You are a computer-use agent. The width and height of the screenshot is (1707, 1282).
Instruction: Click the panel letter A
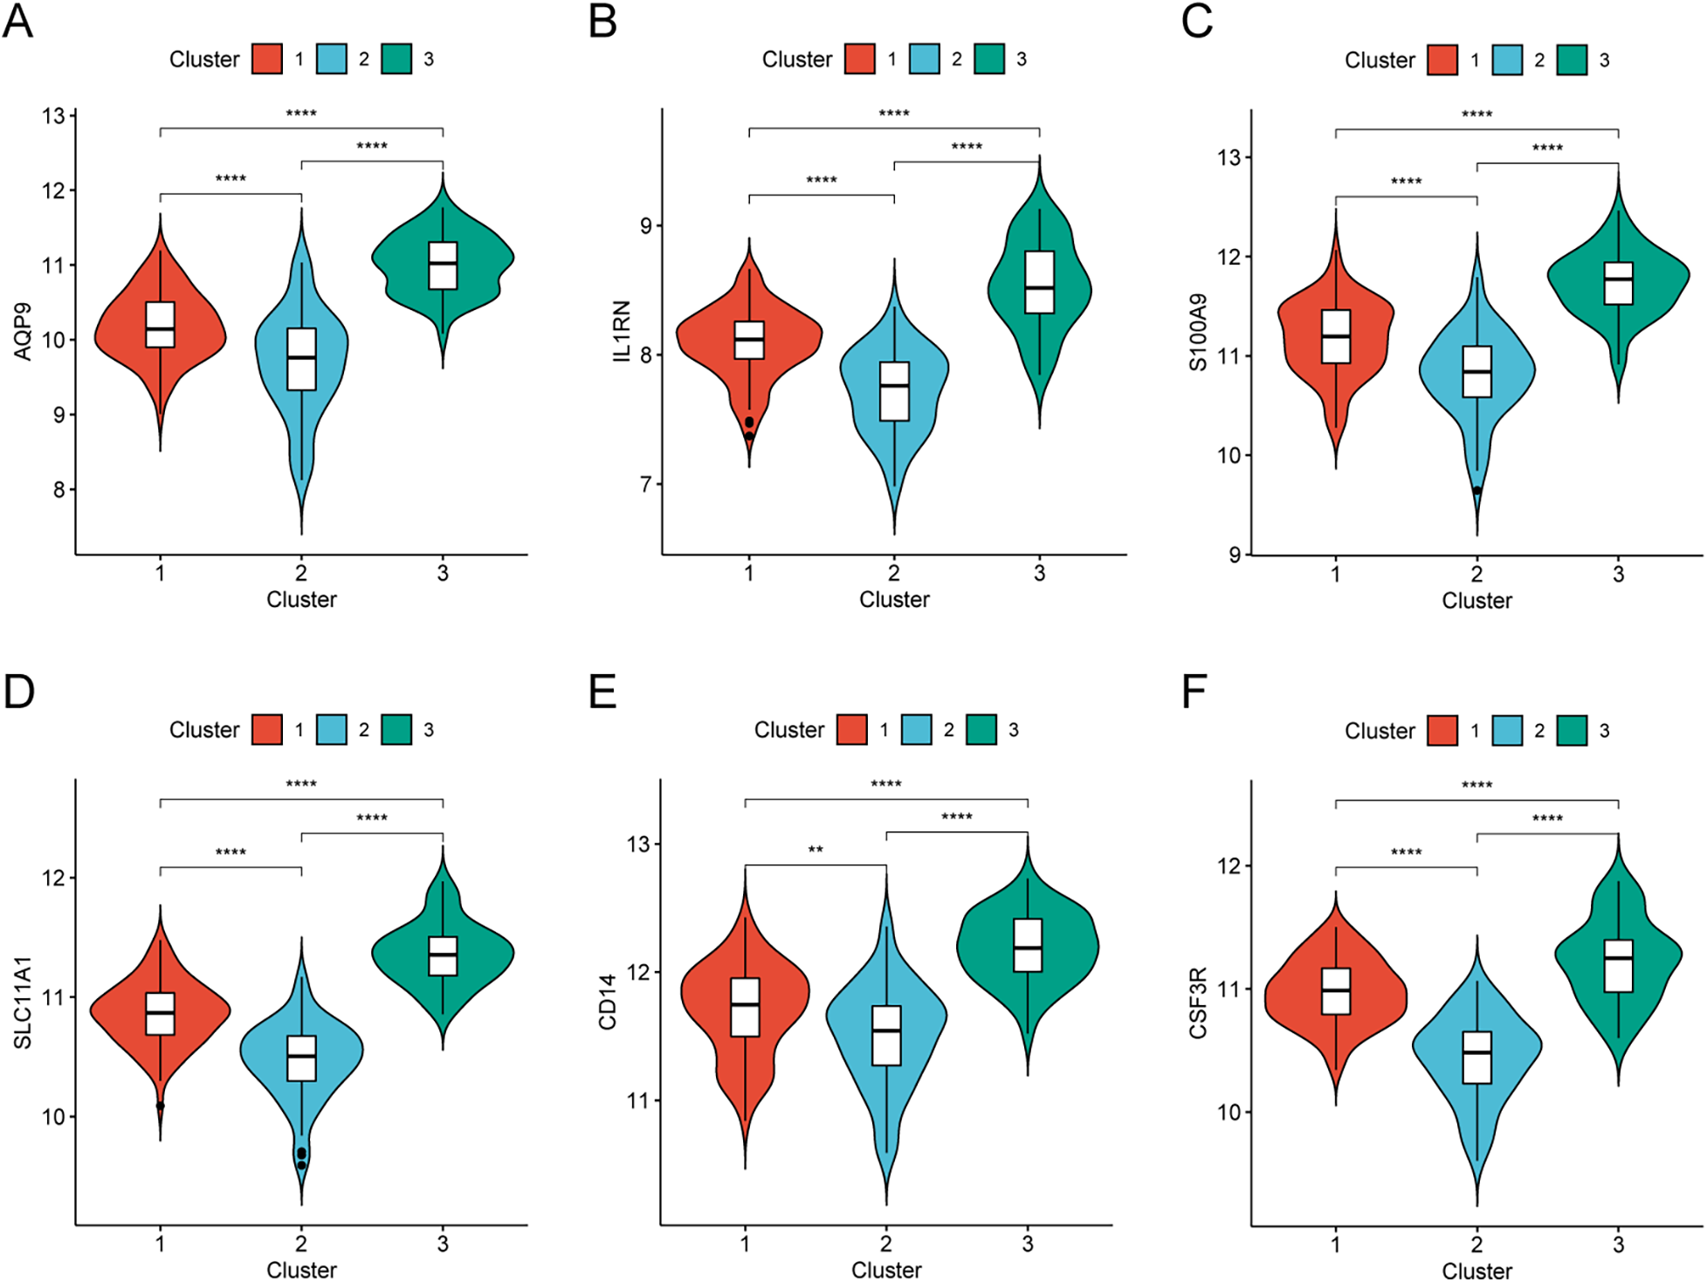coord(17,21)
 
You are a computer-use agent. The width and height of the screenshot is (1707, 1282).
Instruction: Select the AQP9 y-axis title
coord(23,331)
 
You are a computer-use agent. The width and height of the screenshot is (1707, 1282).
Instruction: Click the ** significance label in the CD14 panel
coord(815,850)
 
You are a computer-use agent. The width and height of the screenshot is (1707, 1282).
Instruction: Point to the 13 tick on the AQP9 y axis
coord(54,116)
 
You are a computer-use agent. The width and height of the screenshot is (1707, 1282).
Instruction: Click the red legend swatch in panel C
coord(1442,60)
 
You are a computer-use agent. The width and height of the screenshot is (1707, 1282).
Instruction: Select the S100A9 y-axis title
coord(1198,332)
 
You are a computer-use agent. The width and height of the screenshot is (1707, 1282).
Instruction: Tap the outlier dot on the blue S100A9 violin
coord(1476,491)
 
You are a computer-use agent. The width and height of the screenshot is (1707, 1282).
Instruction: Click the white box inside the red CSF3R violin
coord(1335,990)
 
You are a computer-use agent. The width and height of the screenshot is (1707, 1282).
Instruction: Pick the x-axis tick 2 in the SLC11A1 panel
coord(301,1243)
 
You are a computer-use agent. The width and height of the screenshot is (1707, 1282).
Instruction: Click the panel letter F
coord(1194,692)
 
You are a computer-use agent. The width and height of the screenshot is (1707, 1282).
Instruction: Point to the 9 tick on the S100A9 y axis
coord(1234,555)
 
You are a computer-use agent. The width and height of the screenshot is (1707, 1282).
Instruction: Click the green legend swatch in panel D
coord(396,729)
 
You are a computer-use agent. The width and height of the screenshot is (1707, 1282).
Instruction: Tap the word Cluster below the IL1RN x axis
coord(893,599)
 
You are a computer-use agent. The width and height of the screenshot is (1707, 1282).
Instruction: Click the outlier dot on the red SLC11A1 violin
coord(160,1106)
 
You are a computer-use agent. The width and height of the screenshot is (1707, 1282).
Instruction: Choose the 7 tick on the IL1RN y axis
coord(645,484)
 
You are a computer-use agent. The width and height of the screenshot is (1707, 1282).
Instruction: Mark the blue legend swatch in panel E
coord(916,729)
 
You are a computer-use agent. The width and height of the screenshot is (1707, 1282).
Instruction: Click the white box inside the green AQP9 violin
coord(443,265)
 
